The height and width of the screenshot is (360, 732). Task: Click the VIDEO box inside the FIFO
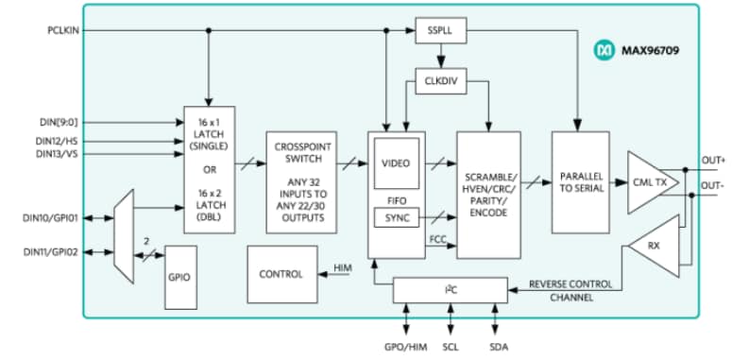tap(396, 163)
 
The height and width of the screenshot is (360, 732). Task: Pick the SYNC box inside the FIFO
tap(396, 218)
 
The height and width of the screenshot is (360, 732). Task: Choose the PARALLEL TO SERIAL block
tap(580, 182)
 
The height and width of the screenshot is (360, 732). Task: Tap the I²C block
tap(450, 290)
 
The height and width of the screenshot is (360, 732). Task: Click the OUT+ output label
tap(712, 160)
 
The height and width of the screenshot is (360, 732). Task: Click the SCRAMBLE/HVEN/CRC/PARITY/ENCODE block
tap(488, 196)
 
